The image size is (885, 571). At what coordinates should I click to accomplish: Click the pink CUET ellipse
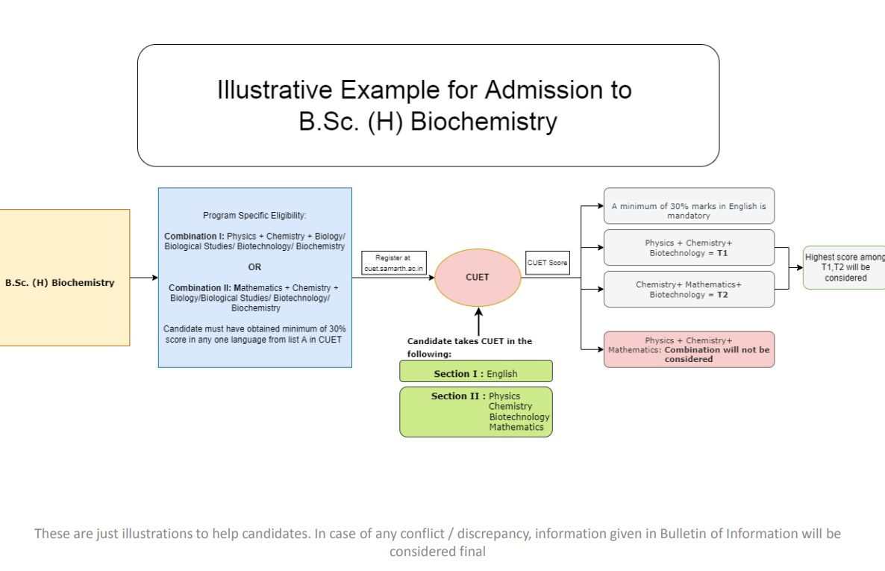478,278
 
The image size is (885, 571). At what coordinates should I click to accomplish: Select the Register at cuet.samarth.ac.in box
394,263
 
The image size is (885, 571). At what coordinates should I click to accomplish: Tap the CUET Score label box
548,263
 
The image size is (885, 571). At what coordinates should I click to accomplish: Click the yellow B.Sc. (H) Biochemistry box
64,278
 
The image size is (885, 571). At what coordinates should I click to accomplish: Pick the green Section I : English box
476,371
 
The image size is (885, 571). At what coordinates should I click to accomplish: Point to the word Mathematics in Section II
516,427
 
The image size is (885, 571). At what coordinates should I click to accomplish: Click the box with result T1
689,247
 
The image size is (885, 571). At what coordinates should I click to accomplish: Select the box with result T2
689,289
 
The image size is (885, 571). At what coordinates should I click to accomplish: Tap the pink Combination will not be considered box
689,349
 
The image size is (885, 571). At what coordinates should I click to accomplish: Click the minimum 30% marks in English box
689,206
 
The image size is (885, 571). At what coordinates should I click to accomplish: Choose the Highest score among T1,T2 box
845,268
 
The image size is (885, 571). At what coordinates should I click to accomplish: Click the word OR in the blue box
254,267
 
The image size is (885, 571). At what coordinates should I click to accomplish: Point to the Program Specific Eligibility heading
254,215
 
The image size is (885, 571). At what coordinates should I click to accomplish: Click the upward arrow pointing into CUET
478,322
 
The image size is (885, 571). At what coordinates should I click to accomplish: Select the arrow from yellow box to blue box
144,278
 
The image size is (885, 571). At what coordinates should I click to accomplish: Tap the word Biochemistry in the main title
484,122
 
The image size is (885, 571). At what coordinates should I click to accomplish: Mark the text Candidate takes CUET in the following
469,347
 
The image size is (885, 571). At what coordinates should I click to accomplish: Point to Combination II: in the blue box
200,287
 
